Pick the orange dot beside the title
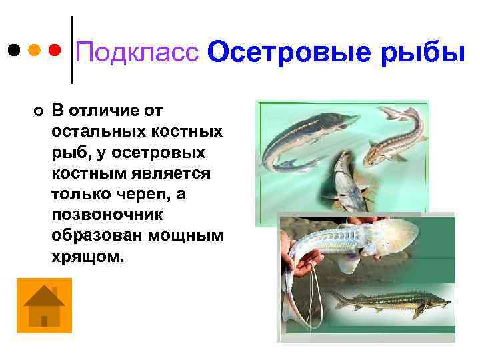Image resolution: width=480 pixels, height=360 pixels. [x=34, y=50]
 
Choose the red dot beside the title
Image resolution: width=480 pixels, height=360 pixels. [x=55, y=50]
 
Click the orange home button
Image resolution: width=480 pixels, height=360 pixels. [x=44, y=306]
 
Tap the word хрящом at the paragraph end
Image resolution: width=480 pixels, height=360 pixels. [x=87, y=257]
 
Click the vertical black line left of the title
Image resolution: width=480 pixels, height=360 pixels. [x=72, y=50]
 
